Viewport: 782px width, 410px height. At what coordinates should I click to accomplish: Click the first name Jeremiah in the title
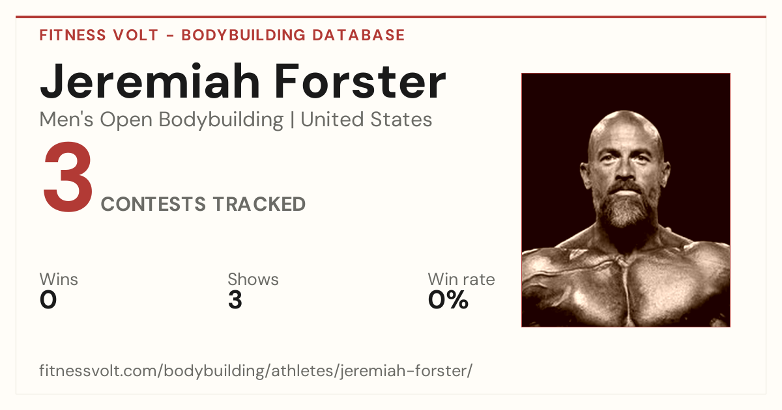tap(150, 82)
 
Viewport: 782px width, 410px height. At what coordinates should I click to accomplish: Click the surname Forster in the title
tap(360, 82)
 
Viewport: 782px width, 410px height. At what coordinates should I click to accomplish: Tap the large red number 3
tap(68, 177)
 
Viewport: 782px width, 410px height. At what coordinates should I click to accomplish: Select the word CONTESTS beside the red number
tap(153, 204)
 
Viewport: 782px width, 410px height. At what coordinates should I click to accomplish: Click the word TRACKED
tap(259, 204)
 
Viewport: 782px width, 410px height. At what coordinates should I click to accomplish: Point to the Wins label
tap(59, 279)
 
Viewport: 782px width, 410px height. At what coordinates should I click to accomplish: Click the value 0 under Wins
tap(48, 300)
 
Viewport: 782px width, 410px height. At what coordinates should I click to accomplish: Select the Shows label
tap(253, 279)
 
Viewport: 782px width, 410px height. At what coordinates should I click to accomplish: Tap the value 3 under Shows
tap(235, 300)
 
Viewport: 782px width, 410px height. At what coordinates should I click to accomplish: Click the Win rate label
tap(461, 279)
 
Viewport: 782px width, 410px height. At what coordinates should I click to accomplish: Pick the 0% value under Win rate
tap(448, 300)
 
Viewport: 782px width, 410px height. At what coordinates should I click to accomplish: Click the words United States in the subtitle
tap(366, 119)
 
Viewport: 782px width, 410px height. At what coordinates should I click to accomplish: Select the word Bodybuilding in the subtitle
tap(221, 120)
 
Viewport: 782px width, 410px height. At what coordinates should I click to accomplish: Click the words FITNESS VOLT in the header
tap(99, 35)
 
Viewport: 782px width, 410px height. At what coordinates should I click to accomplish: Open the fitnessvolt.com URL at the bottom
tap(255, 370)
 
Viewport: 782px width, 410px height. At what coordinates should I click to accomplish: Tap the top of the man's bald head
tap(625, 113)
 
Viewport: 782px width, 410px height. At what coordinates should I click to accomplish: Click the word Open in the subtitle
tap(126, 120)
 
